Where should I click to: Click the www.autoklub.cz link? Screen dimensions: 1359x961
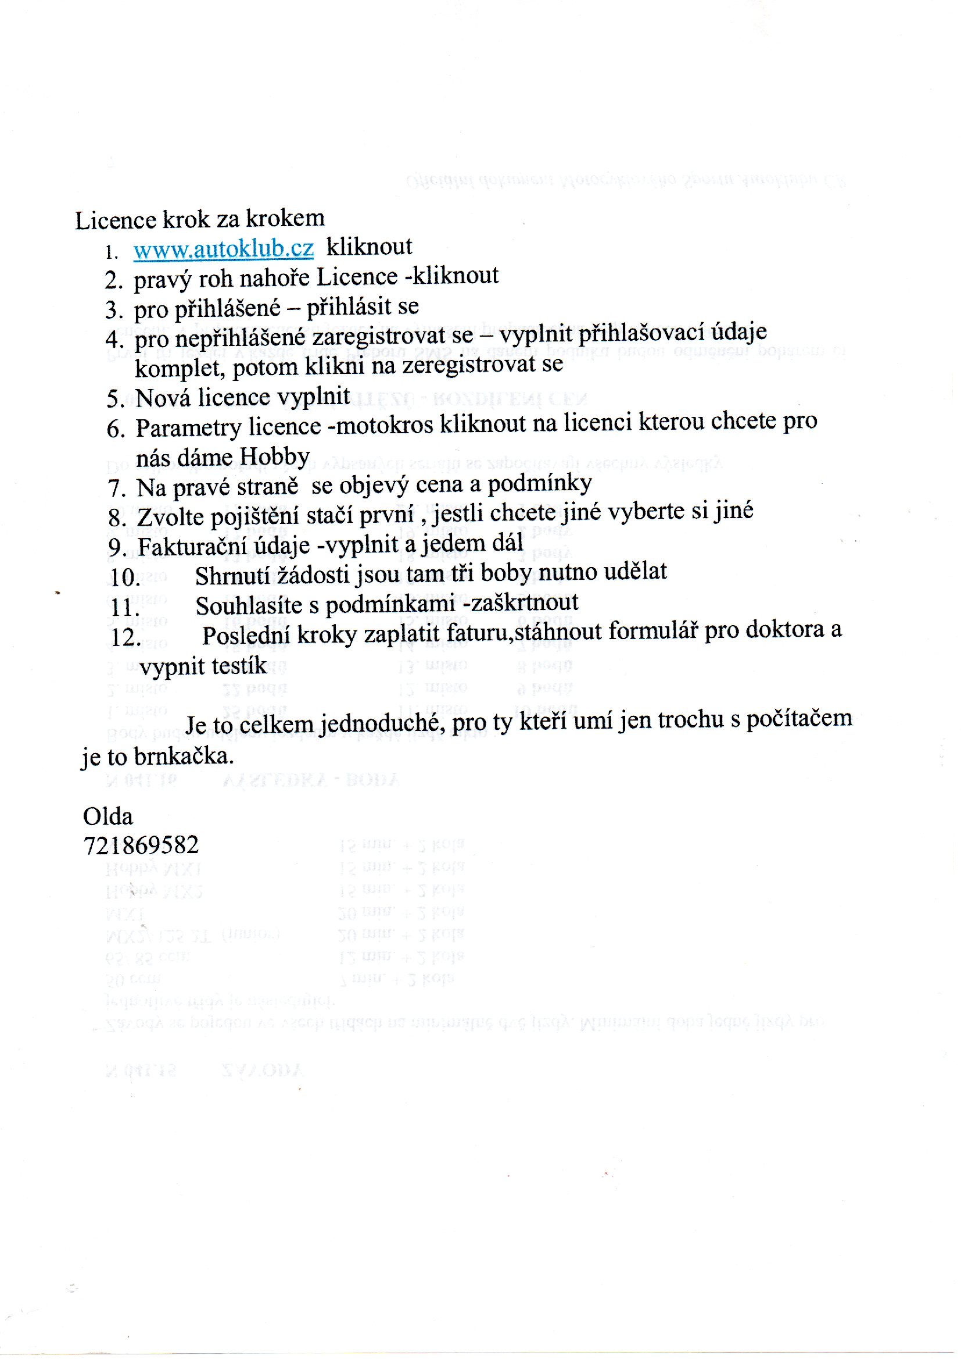tap(223, 249)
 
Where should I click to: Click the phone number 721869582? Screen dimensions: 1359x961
tap(141, 845)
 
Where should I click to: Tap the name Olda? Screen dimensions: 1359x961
tap(107, 816)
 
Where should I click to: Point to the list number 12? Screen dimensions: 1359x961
tap(125, 637)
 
